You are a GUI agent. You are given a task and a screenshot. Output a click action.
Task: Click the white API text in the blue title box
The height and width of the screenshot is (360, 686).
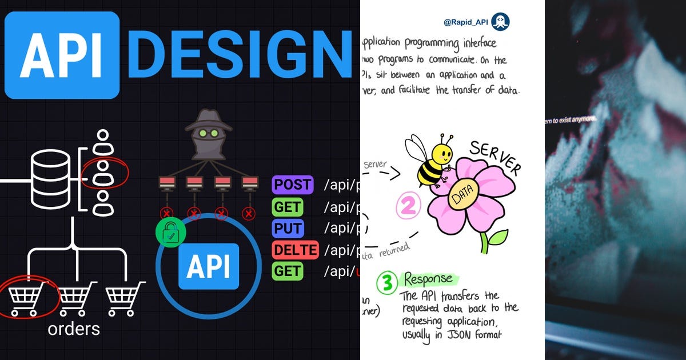(62, 55)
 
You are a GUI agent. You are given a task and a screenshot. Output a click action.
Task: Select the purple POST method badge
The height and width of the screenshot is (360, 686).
(293, 185)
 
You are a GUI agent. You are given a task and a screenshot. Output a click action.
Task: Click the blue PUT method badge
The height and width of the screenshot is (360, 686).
(288, 228)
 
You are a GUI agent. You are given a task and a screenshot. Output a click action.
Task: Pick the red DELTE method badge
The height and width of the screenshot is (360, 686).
(295, 250)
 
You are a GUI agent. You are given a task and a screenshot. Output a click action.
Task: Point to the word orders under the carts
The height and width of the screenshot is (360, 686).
(74, 329)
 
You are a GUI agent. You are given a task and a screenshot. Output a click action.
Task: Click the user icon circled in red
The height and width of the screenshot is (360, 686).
(103, 174)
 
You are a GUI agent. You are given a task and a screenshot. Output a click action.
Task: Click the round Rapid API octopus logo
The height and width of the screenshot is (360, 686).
(500, 22)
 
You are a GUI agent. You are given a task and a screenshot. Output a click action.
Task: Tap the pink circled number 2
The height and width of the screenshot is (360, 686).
(408, 205)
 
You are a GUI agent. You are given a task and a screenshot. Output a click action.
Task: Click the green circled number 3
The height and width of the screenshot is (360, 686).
(386, 282)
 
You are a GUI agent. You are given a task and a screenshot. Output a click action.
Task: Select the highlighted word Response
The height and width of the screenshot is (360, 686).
(430, 279)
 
